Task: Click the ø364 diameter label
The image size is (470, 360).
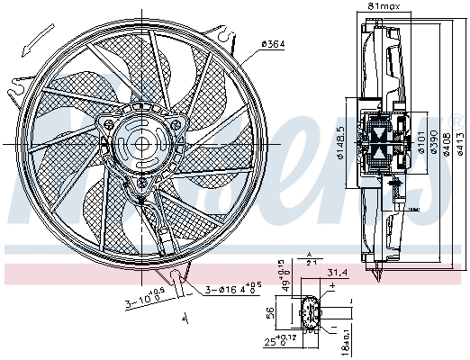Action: pyautogui.click(x=273, y=43)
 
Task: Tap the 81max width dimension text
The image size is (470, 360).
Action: pyautogui.click(x=384, y=7)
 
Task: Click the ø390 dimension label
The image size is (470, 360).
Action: pyautogui.click(x=434, y=142)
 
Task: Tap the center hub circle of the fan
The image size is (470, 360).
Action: pyautogui.click(x=139, y=142)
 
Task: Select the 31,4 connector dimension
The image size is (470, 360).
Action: pyautogui.click(x=338, y=274)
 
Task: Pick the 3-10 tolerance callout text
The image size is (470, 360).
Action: pyautogui.click(x=146, y=301)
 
